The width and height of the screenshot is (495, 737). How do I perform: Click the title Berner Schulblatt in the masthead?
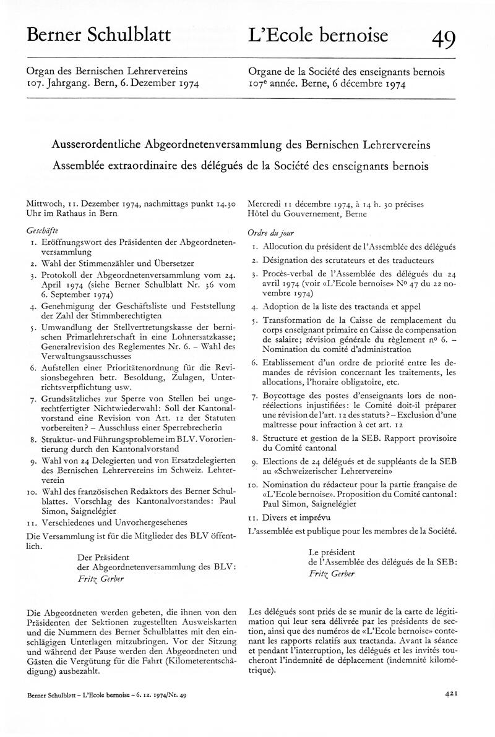pyautogui.click(x=99, y=36)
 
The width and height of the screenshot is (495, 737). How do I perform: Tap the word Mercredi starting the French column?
pyautogui.click(x=265, y=203)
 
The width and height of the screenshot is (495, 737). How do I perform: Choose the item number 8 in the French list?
pyautogui.click(x=254, y=437)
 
